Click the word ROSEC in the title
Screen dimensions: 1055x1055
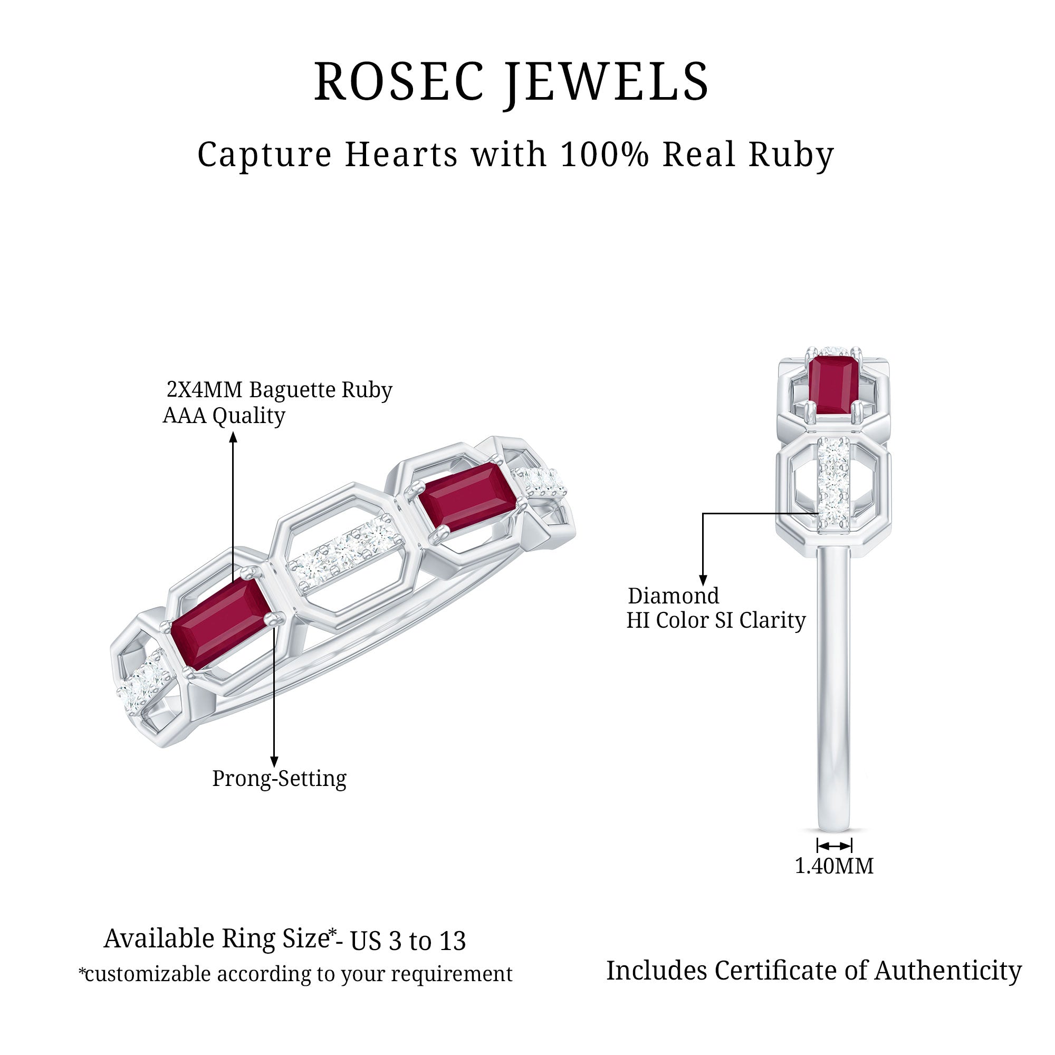[x=399, y=82]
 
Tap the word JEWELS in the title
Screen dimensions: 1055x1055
[x=607, y=82]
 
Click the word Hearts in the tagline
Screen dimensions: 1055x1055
[x=401, y=155]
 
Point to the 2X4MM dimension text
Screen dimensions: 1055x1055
[x=204, y=390]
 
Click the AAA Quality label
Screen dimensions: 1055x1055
[x=224, y=416]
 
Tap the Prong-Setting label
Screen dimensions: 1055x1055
[x=279, y=778]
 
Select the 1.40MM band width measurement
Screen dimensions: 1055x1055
[x=834, y=866]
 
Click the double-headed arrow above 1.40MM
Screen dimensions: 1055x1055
[x=834, y=846]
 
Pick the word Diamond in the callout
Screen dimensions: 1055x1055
[x=673, y=596]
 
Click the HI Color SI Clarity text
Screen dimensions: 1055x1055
[x=715, y=620]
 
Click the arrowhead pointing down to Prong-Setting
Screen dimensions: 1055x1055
[x=274, y=762]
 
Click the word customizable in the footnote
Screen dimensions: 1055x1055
[x=148, y=974]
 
